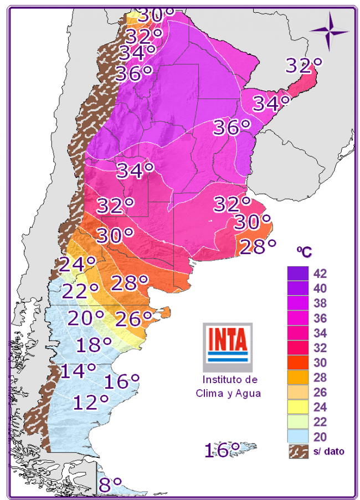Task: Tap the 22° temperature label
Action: (80, 291)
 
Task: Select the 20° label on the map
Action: (86, 318)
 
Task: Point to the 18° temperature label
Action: (94, 344)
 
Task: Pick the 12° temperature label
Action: (90, 401)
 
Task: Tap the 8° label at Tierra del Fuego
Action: (110, 485)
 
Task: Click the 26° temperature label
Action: (133, 318)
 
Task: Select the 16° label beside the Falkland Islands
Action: (222, 449)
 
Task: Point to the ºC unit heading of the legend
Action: (304, 252)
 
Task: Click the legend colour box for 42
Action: (297, 274)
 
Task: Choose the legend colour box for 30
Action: (297, 363)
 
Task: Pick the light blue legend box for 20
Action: (297, 437)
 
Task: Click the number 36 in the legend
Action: (320, 318)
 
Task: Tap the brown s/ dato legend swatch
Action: (297, 451)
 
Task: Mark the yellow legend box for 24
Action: (297, 407)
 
